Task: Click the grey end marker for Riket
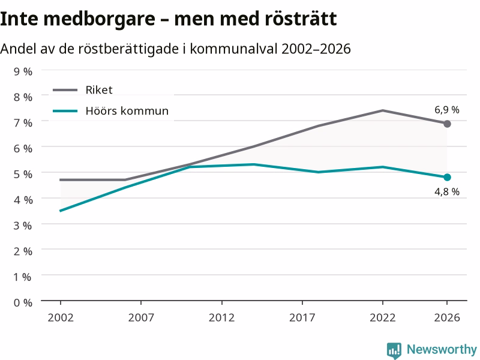[x=447, y=124]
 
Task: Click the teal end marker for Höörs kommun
[x=447, y=177]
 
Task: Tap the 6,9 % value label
[x=447, y=110]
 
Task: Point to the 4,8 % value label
[x=447, y=191]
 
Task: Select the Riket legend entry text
[x=99, y=89]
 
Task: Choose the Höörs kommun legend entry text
[x=127, y=110]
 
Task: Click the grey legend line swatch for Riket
[x=65, y=90]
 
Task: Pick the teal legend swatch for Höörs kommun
[x=65, y=111]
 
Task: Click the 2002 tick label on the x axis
[x=61, y=317]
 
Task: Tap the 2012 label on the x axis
[x=221, y=317]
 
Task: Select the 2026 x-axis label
[x=447, y=317]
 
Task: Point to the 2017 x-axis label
[x=302, y=317]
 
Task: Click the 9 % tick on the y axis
[x=23, y=71]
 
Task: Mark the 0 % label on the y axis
[x=23, y=303]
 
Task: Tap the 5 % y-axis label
[x=23, y=174]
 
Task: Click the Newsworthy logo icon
[x=394, y=350]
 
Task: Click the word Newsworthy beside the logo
[x=442, y=349]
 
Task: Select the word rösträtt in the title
[x=301, y=19]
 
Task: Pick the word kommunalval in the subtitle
[x=234, y=49]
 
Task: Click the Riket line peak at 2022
[x=383, y=110]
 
